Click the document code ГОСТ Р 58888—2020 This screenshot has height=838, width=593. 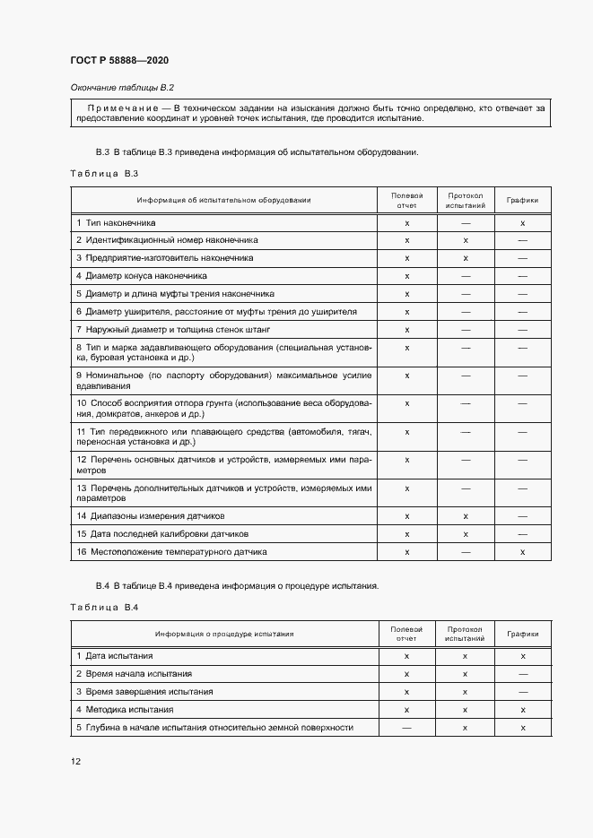click(x=118, y=60)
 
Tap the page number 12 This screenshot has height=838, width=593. click(x=75, y=762)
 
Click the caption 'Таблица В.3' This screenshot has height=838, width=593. click(x=102, y=173)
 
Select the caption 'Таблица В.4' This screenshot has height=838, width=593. click(x=102, y=609)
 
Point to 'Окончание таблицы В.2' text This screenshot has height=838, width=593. click(x=121, y=87)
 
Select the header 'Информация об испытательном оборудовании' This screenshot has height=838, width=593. click(x=224, y=200)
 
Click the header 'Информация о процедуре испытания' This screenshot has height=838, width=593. click(x=224, y=635)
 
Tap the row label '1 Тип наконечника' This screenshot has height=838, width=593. click(x=116, y=222)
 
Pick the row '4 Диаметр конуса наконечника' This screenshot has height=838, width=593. click(x=141, y=276)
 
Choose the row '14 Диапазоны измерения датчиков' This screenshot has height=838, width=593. click(x=150, y=516)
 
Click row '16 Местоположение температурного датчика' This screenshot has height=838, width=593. click(x=170, y=552)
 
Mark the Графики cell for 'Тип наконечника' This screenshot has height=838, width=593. click(x=522, y=222)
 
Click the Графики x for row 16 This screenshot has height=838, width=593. click(x=522, y=552)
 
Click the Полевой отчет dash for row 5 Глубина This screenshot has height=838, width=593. click(x=406, y=728)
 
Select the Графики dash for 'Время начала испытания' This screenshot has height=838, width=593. click(x=522, y=674)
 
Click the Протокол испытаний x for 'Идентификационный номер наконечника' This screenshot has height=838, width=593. click(x=466, y=240)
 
